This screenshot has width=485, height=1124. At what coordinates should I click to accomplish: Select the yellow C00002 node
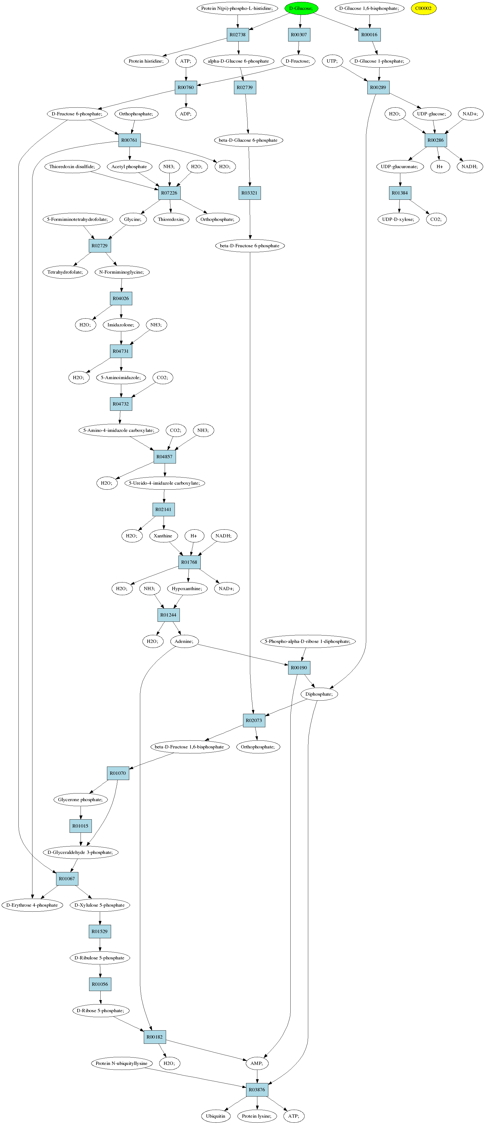[x=423, y=8]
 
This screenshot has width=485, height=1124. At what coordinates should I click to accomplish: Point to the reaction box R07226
[x=169, y=193]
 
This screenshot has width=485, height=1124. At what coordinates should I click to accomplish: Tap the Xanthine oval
[x=163, y=536]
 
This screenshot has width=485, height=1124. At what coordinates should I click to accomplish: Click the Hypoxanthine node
[x=187, y=589]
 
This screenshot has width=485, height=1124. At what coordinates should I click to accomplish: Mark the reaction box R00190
[x=299, y=668]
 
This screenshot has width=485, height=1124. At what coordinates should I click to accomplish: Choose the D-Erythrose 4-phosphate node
[x=32, y=905]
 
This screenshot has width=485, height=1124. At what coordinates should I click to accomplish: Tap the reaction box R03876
[x=257, y=1090]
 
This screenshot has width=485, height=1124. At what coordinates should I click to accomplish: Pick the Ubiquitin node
[x=216, y=1116]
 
